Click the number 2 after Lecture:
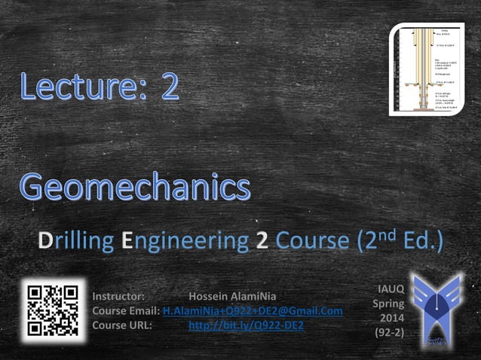coord(170,87)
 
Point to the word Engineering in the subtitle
coord(184,241)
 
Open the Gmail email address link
coord(253,310)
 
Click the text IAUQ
coord(390,288)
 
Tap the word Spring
coord(388,304)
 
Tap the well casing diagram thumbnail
coord(426,69)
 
